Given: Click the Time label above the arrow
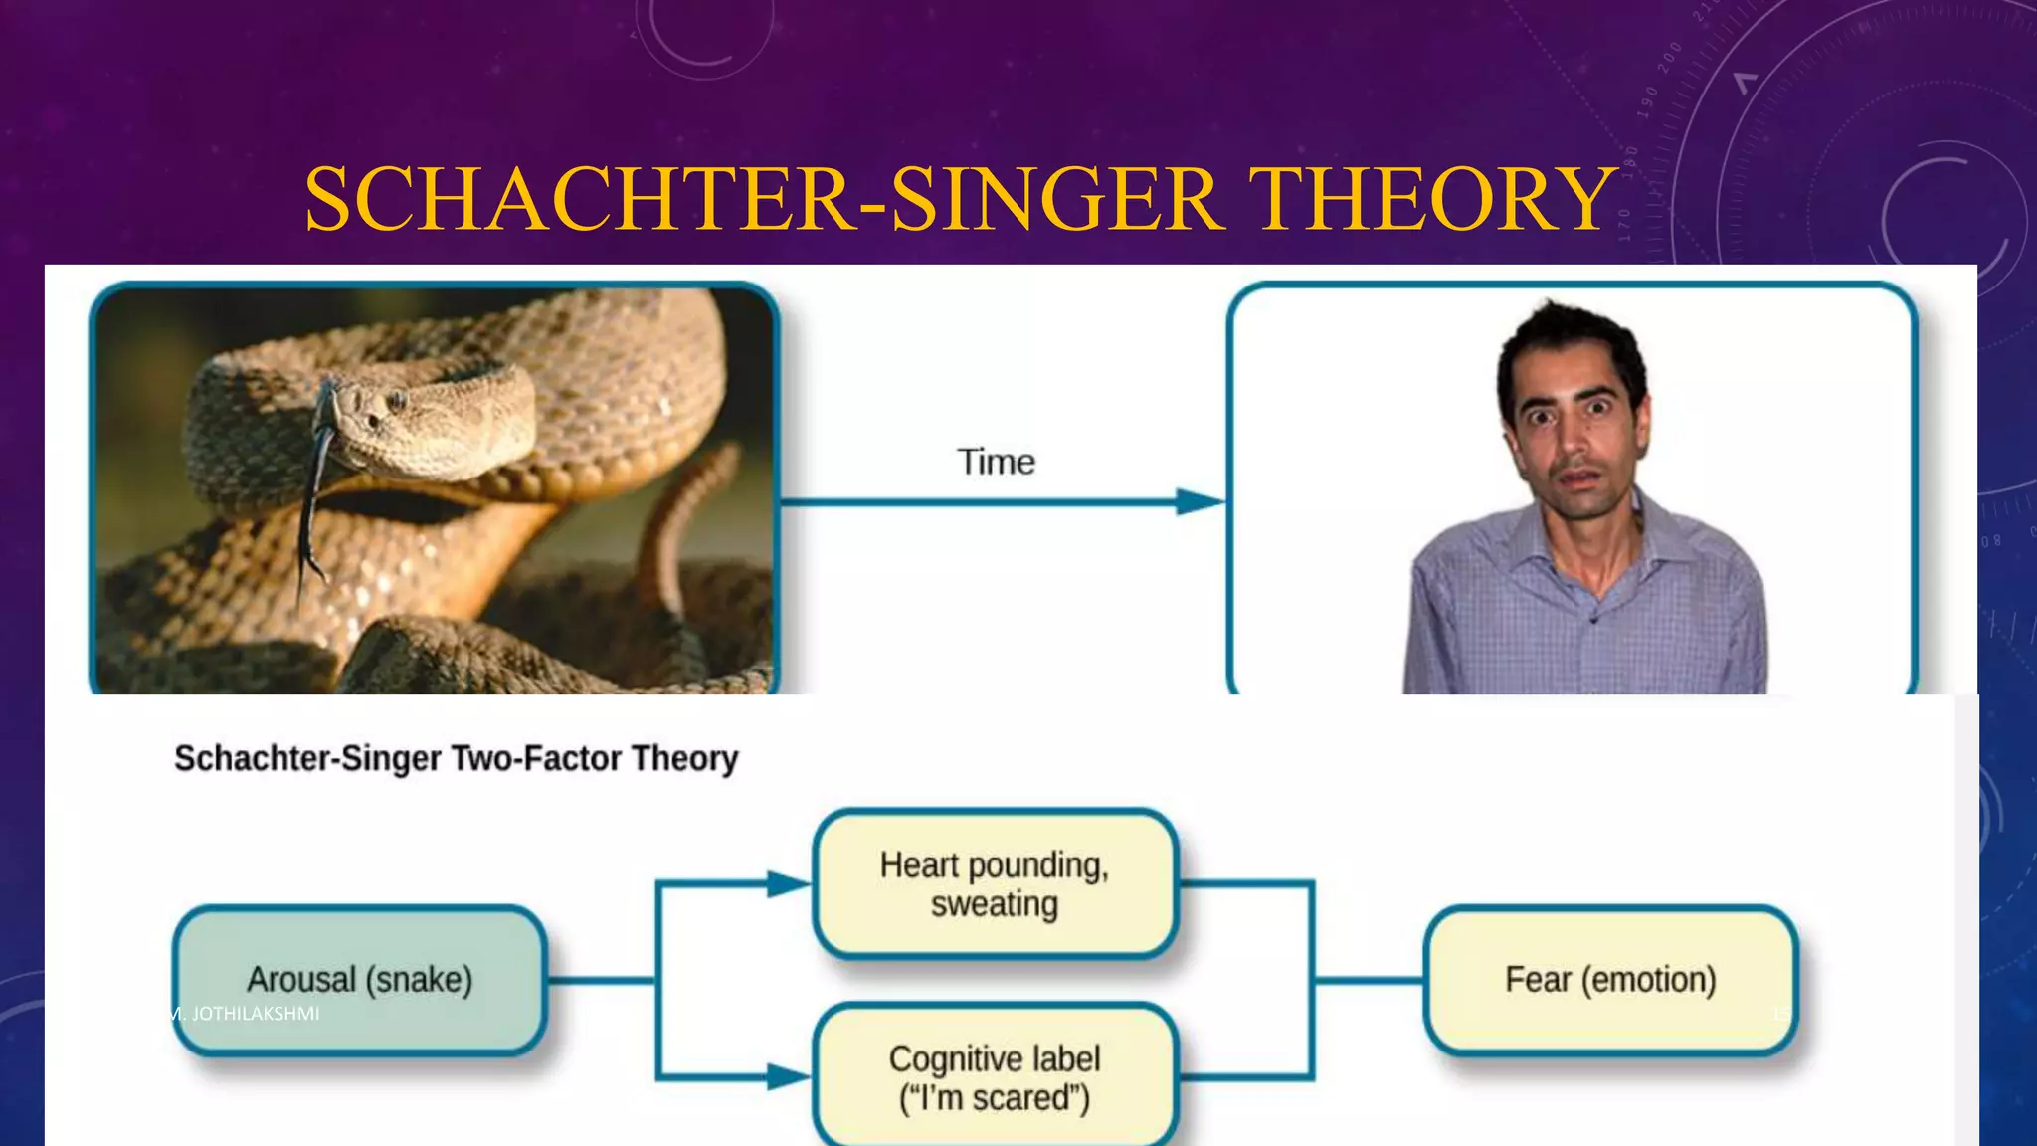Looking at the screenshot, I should point(996,462).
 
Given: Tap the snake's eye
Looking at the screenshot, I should point(397,400).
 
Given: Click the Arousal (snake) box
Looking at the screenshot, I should point(359,979).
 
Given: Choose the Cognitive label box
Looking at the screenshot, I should point(995,1077).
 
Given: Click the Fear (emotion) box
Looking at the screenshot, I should point(1610,979).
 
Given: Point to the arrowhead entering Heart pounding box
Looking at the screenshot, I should point(790,883).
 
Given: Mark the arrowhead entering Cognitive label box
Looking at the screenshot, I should point(790,1076).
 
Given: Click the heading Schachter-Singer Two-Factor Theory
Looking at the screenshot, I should point(456,758).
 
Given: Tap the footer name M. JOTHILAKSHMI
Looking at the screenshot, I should point(245,1014).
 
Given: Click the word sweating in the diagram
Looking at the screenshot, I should point(995,904).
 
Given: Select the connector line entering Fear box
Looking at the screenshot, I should point(1370,980).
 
